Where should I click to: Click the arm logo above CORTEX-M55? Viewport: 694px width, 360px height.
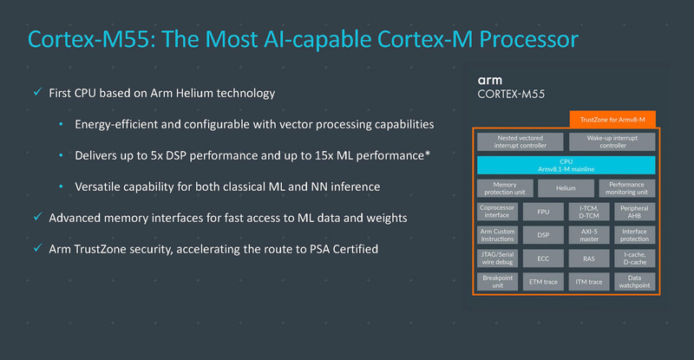(x=490, y=77)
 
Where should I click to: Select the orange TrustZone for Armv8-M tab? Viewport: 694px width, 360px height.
(x=612, y=118)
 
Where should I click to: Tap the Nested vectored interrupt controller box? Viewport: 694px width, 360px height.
(x=519, y=141)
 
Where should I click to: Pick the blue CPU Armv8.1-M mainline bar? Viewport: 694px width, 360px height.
(x=565, y=165)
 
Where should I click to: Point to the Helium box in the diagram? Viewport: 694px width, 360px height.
(x=565, y=187)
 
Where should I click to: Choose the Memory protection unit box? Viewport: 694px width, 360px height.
(x=503, y=187)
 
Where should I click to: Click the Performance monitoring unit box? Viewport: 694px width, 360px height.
(x=626, y=187)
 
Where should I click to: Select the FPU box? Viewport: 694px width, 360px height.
(x=543, y=212)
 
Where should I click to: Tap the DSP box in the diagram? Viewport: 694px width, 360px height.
(x=543, y=235)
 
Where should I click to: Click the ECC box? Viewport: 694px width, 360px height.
(x=543, y=259)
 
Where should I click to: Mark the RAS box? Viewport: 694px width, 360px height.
(x=588, y=259)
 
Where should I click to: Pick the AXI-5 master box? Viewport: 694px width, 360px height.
(x=588, y=235)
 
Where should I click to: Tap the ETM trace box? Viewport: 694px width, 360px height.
(x=543, y=282)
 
